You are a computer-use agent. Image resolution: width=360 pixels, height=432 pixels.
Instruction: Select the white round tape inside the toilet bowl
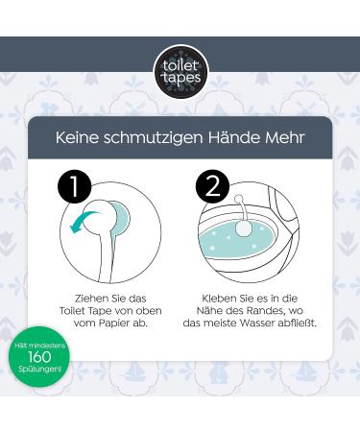(x=242, y=231)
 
